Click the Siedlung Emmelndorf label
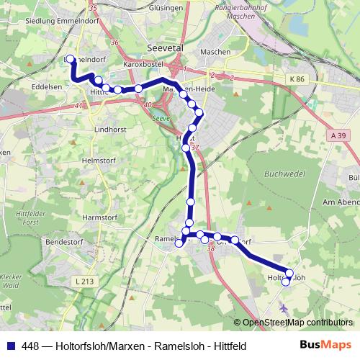pyautogui.click(x=36, y=19)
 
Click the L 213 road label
pyautogui.click(x=84, y=281)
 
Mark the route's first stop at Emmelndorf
pyautogui.click(x=71, y=60)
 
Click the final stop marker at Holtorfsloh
pyautogui.click(x=286, y=282)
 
